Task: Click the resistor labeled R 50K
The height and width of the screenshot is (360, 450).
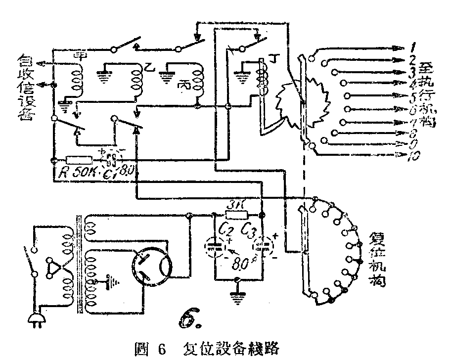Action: pos(79,160)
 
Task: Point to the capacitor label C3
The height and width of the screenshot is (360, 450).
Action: pos(249,230)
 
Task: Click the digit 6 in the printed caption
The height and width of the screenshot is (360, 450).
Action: pos(160,348)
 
